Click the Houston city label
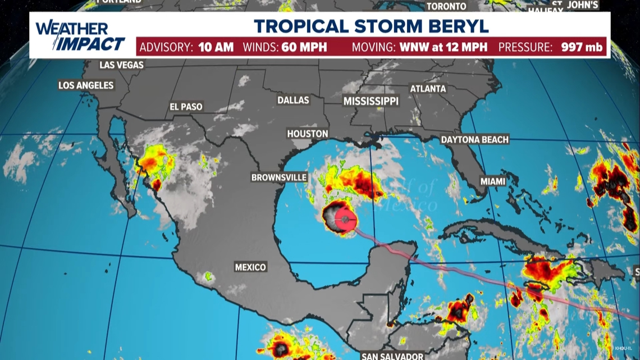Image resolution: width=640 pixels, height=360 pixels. tap(307, 134)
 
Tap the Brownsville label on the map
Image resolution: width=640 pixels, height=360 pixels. tap(279, 177)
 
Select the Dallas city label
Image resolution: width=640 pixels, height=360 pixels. tap(293, 100)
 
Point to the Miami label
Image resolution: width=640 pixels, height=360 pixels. tap(493, 181)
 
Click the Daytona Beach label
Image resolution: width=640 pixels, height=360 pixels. tap(474, 139)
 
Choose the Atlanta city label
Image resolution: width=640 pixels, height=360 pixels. tap(428, 89)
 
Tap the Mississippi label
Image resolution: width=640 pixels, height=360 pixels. tap(371, 101)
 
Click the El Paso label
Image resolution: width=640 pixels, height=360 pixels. tap(186, 107)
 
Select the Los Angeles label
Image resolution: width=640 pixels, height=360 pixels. tap(86, 85)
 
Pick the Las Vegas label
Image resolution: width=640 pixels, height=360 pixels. tap(121, 65)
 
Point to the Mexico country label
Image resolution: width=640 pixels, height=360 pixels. tap(250, 267)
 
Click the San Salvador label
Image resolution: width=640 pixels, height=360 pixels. tap(392, 356)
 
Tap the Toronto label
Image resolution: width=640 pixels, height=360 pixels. tap(446, 6)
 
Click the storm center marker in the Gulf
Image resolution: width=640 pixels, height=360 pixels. tap(342, 218)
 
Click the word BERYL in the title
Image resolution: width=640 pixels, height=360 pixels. tap(460, 26)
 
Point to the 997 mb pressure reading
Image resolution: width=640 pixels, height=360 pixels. tap(582, 47)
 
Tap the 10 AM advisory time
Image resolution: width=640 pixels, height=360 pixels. tap(216, 47)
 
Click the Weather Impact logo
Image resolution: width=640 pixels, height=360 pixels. tap(80, 36)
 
